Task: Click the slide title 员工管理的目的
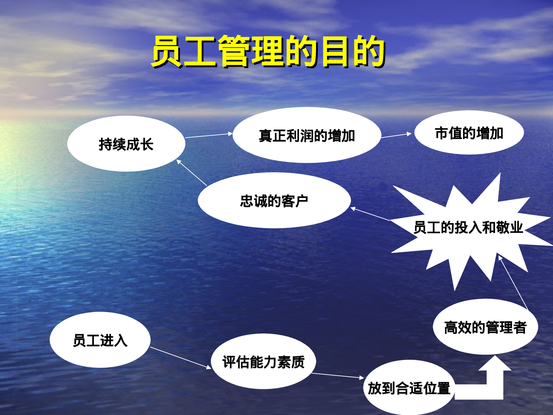(x=268, y=52)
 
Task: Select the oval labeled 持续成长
(x=126, y=144)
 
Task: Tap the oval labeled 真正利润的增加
(x=307, y=135)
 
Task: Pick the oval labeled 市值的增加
(x=469, y=133)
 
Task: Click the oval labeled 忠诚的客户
(x=274, y=201)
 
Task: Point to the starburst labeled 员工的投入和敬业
(x=468, y=228)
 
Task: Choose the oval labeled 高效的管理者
(x=485, y=327)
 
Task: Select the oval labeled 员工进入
(x=100, y=340)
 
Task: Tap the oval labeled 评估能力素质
(x=263, y=362)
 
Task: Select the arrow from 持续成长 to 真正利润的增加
(x=209, y=135)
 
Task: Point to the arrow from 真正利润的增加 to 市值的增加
(x=396, y=135)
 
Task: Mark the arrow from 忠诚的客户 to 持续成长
(x=192, y=173)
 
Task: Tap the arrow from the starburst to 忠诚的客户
(x=370, y=214)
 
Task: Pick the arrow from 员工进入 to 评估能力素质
(x=181, y=358)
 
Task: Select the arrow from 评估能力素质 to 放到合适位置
(x=338, y=376)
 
